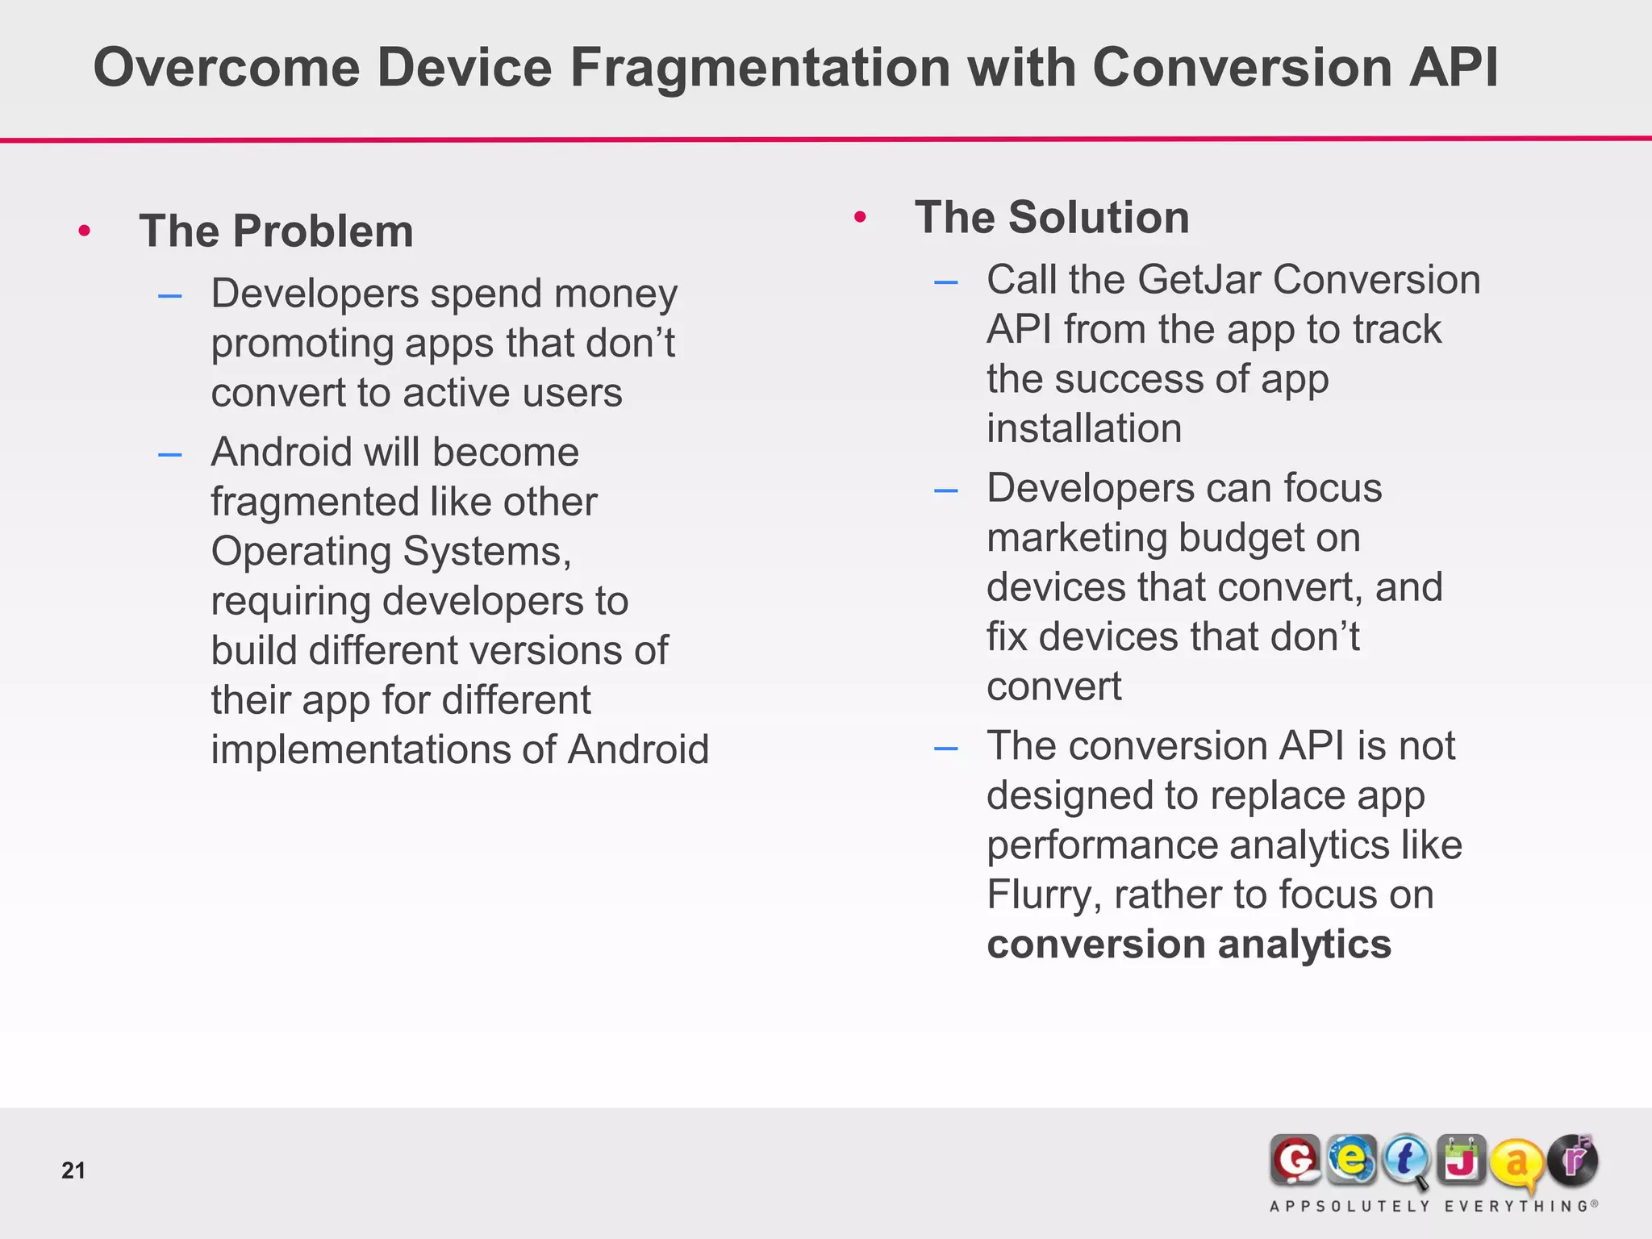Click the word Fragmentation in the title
point(761,68)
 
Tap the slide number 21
point(73,1170)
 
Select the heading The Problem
point(276,232)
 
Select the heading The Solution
point(1052,218)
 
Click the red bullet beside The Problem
point(85,232)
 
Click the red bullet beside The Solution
point(860,217)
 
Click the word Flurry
point(1038,895)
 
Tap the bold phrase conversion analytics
point(1188,945)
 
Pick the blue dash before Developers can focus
point(945,490)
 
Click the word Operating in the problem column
point(301,552)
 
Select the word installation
point(1083,428)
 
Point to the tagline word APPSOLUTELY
point(1350,1207)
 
